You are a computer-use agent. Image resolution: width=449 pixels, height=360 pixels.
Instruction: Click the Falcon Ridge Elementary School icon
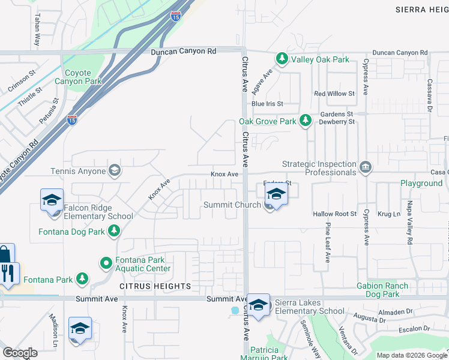[52, 199]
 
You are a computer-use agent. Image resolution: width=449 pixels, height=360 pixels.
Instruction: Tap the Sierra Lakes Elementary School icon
[259, 305]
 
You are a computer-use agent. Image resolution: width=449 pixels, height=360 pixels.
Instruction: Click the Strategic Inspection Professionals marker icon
[365, 166]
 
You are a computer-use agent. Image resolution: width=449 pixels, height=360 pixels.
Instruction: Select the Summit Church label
[232, 205]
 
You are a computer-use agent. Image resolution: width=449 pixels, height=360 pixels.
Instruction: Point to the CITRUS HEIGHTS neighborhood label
[155, 286]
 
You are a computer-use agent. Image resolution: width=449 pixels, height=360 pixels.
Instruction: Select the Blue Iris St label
[267, 104]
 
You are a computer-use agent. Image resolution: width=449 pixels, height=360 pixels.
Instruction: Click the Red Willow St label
[334, 94]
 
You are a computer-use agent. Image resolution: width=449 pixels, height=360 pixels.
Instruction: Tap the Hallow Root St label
[334, 214]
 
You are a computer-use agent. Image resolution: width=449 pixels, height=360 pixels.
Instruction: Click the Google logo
[20, 353]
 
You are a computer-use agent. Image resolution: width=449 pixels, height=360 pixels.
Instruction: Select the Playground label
[421, 183]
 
